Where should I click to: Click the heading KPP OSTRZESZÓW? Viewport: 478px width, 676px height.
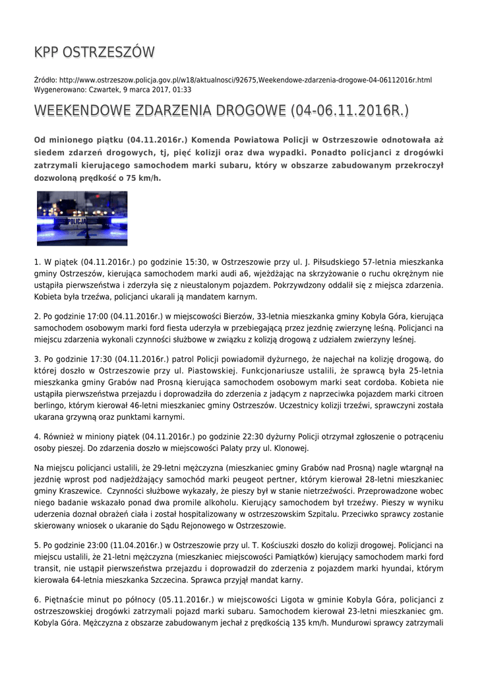pyautogui.click(x=94, y=52)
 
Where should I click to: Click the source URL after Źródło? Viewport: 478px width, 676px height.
pyautogui.click(x=245, y=80)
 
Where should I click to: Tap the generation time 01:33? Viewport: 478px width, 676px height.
pyautogui.click(x=183, y=89)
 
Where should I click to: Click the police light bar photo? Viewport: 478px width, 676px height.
pyautogui.click(x=82, y=219)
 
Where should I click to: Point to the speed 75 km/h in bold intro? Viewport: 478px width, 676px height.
pyautogui.click(x=142, y=178)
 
